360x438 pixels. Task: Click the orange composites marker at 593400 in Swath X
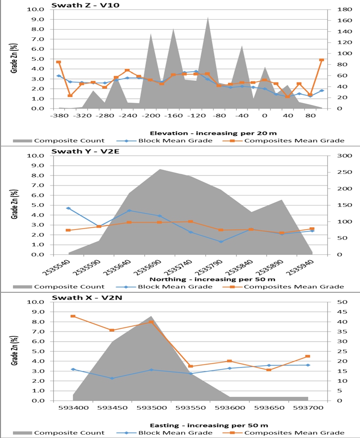click(x=73, y=316)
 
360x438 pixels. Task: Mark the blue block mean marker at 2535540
click(x=68, y=208)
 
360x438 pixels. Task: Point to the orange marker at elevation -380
click(x=58, y=62)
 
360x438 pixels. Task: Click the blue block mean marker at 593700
click(x=308, y=365)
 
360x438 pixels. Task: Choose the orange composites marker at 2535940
click(x=312, y=229)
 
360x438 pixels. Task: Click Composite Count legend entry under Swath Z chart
click(x=69, y=140)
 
